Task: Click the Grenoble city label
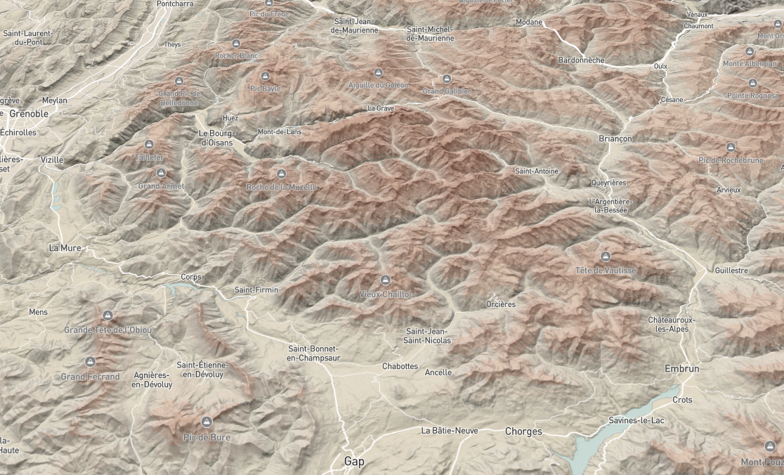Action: click(x=29, y=113)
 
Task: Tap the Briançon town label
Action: click(x=615, y=138)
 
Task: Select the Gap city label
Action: click(x=354, y=462)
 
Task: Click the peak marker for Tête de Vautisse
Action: click(x=606, y=256)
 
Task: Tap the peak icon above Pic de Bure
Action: click(x=207, y=422)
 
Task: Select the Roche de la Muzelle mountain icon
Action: click(x=282, y=174)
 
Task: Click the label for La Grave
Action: click(x=381, y=109)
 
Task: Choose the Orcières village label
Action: click(x=501, y=304)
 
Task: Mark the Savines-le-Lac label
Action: click(x=636, y=420)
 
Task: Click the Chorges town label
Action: click(x=523, y=431)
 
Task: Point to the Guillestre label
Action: click(x=731, y=271)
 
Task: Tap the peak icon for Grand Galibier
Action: click(x=447, y=79)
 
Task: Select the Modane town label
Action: click(x=529, y=22)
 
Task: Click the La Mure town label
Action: click(x=65, y=248)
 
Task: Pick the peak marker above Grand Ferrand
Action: click(x=90, y=362)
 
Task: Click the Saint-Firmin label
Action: click(x=256, y=289)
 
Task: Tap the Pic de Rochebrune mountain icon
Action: click(x=730, y=148)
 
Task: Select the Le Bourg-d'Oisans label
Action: click(x=216, y=138)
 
